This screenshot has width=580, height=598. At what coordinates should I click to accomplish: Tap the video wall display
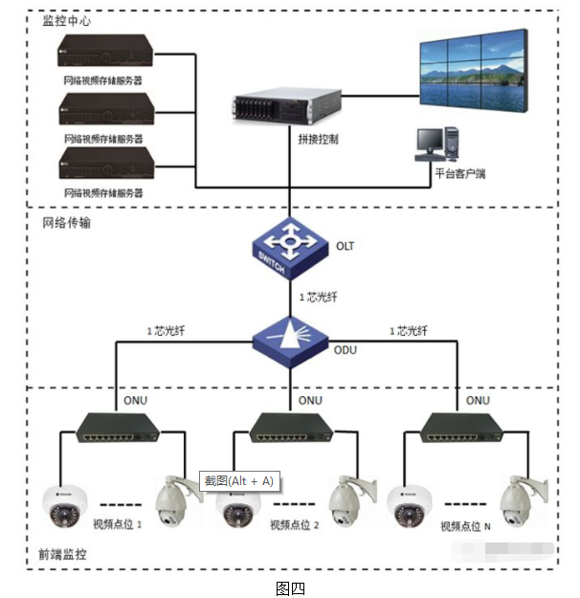474,70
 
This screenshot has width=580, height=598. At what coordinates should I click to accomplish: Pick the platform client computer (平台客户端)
439,144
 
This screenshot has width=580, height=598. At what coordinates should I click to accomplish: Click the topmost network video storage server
102,53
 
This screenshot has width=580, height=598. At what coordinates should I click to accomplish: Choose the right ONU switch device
461,427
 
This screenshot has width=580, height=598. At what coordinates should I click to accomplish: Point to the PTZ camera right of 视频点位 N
523,499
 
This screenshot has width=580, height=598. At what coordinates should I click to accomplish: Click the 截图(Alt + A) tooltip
238,480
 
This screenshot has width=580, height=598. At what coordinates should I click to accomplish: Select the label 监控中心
67,21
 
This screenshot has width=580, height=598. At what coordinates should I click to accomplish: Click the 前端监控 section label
62,554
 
